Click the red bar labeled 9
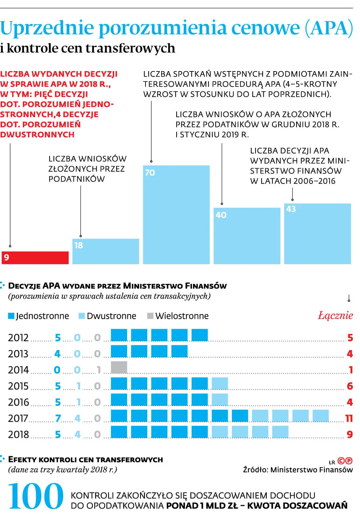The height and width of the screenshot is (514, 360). pyautogui.click(x=35, y=258)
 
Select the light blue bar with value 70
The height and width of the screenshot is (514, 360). pyautogui.click(x=176, y=215)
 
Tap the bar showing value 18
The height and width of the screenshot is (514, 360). pyautogui.click(x=106, y=252)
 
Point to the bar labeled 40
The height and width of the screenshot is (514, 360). pyautogui.click(x=247, y=236)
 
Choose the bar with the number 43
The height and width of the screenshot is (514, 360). pyautogui.click(x=318, y=234)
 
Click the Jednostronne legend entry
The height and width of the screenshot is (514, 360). pyautogui.click(x=39, y=316)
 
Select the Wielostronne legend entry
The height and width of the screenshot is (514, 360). pyautogui.click(x=178, y=316)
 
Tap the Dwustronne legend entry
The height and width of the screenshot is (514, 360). pyautogui.click(x=107, y=316)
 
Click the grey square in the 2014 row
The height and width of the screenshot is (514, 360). pyautogui.click(x=119, y=367)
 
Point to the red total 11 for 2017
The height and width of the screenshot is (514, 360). pyautogui.click(x=349, y=418)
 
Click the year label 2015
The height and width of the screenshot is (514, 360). pyautogui.click(x=18, y=386)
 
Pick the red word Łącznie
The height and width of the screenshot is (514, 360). pyautogui.click(x=335, y=315)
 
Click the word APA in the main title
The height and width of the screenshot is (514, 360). pyautogui.click(x=329, y=28)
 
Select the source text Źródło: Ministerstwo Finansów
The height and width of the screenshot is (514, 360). pyautogui.click(x=298, y=470)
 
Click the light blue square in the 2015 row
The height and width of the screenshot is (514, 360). pyautogui.click(x=220, y=383)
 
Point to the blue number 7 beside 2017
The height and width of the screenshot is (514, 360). pyautogui.click(x=58, y=418)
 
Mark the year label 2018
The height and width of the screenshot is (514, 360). pyautogui.click(x=18, y=435)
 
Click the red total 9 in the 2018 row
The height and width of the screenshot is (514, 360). pyautogui.click(x=350, y=434)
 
